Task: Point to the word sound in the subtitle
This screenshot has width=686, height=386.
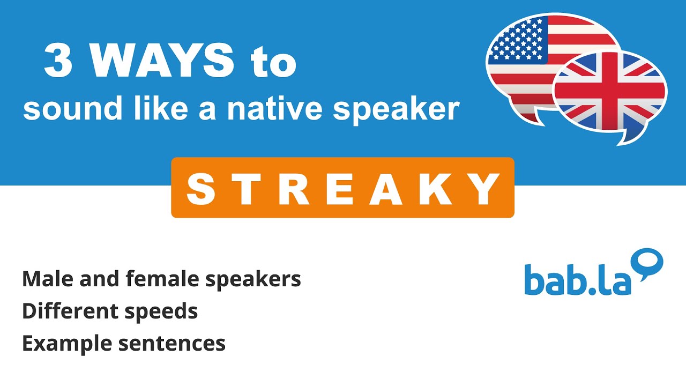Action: pyautogui.click(x=62, y=109)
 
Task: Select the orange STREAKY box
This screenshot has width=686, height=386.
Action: pyautogui.click(x=342, y=188)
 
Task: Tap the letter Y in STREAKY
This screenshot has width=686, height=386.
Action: pyautogui.click(x=484, y=189)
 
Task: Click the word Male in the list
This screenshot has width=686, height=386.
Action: pyautogui.click(x=45, y=279)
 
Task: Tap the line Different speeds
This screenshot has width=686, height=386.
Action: pyautogui.click(x=110, y=311)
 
